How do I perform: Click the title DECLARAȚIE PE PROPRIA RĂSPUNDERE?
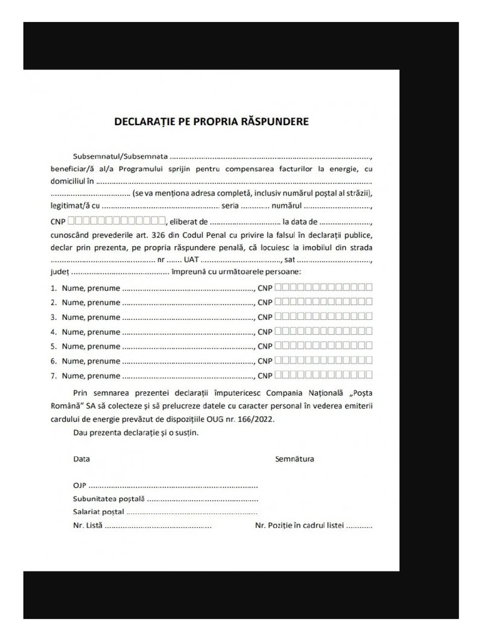(x=211, y=121)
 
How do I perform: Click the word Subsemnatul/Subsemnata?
(x=120, y=155)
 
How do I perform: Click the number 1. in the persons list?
(x=54, y=289)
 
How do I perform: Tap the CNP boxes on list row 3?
(x=324, y=317)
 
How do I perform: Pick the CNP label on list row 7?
(x=265, y=376)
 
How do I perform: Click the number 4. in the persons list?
(x=54, y=332)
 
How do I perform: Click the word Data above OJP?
(x=81, y=459)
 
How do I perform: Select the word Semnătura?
(x=294, y=459)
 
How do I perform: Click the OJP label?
(x=80, y=486)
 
